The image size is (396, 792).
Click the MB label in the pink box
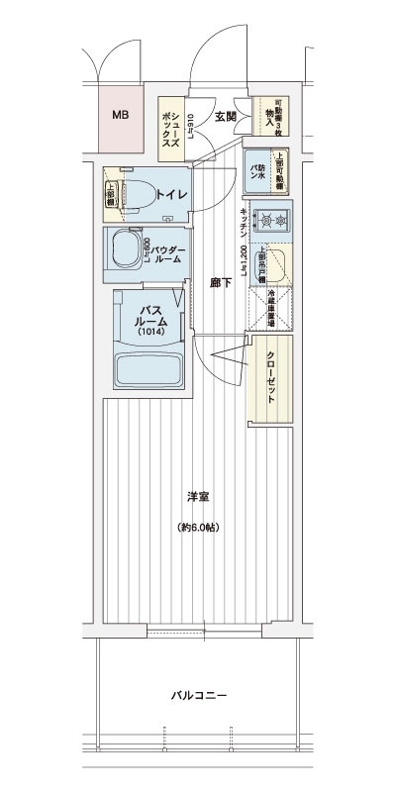point(119,116)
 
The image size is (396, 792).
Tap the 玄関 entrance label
point(224,116)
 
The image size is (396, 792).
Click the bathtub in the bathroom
point(148,369)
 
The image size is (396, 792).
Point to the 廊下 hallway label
point(222,283)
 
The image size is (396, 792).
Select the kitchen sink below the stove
point(276,261)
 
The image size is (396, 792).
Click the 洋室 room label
point(198,496)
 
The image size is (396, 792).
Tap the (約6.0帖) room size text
point(198,526)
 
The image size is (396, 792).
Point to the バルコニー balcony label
point(197,696)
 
